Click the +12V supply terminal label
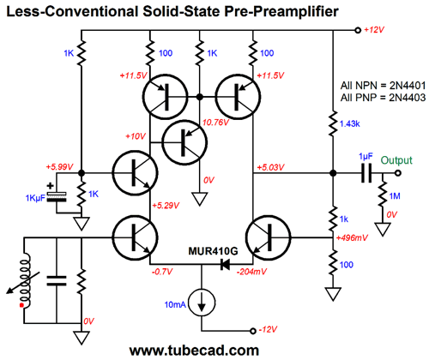coord(374,30)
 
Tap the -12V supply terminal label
coord(268,330)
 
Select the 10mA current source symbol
coord(202,303)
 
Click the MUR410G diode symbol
coord(225,264)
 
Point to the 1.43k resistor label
coord(350,123)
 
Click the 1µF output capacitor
coord(366,173)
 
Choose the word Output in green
coord(396,160)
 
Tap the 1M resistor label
coord(395,196)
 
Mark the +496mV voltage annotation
coord(352,237)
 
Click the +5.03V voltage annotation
coord(270,167)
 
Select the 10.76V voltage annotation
coord(216,123)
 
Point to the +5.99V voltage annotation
coord(60,166)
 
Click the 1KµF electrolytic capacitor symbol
coord(57,196)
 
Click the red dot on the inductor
coord(21,305)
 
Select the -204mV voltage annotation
coord(251,272)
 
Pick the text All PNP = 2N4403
coord(383,98)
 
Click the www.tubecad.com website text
coord(194,350)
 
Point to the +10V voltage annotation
coord(136,136)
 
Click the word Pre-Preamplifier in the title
coord(281,12)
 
